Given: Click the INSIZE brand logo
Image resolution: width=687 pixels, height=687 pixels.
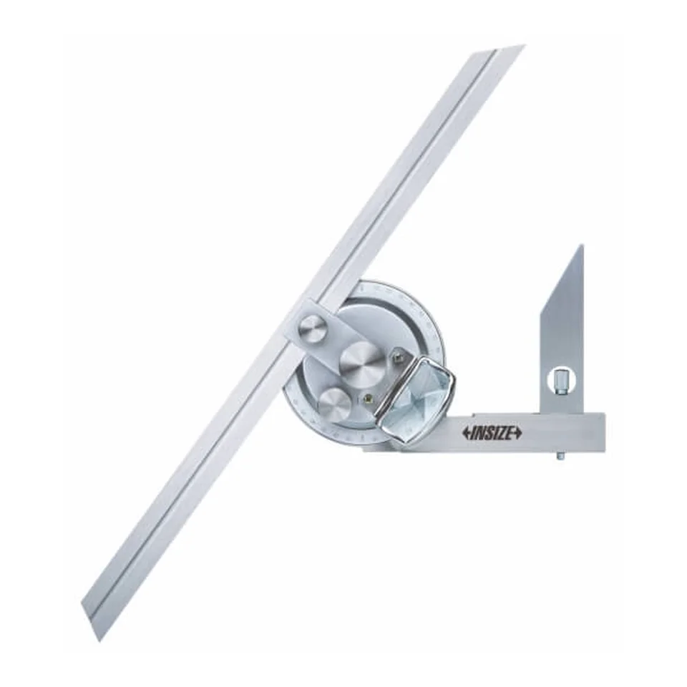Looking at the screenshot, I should point(492,432).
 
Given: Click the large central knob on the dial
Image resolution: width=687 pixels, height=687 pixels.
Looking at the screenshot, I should point(360,358).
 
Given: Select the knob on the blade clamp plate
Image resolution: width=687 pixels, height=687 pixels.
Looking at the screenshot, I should point(313,330).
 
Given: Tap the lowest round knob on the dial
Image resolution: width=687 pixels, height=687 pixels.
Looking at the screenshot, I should point(334,404).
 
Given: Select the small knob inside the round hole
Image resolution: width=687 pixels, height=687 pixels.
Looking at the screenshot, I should point(560,381).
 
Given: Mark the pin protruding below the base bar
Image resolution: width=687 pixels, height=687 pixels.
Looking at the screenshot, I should point(560,456).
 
